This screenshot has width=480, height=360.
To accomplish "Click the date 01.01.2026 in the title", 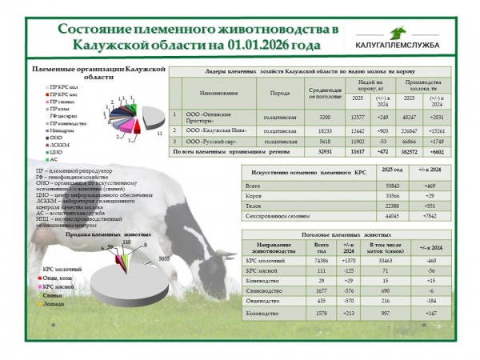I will click(x=259, y=44).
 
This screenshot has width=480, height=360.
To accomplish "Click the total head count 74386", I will click(x=322, y=261).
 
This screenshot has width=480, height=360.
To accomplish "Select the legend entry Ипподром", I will click(x=59, y=130).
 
